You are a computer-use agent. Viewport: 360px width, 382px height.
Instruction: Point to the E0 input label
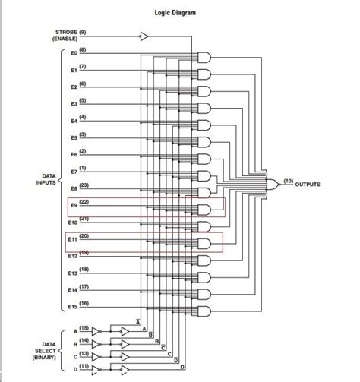point(74,53)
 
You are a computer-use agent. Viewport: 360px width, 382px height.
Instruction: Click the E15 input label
point(72,306)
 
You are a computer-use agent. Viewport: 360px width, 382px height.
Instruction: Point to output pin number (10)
point(288,182)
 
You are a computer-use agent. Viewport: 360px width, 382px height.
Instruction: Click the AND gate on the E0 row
point(204,57)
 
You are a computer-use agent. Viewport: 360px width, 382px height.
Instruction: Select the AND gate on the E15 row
point(204,311)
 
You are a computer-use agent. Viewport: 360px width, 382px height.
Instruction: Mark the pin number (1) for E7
point(82,168)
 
